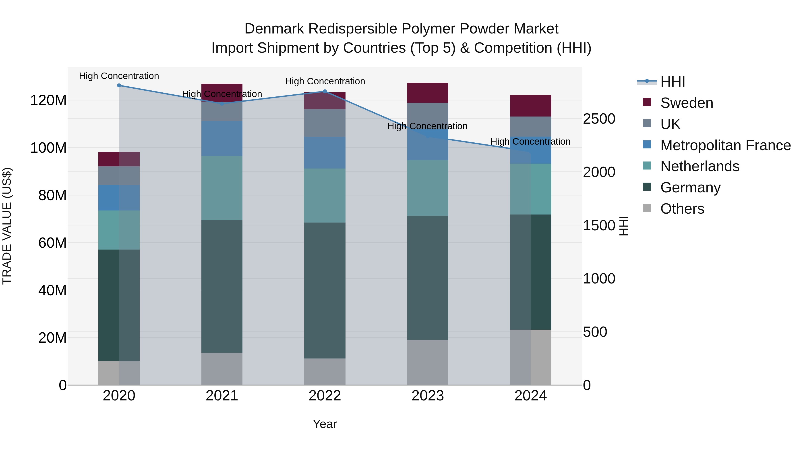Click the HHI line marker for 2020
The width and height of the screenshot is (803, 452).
click(x=119, y=85)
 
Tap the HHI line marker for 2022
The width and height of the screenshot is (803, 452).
click(x=325, y=91)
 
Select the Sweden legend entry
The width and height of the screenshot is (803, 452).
click(x=686, y=103)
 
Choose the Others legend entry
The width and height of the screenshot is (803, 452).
click(x=682, y=209)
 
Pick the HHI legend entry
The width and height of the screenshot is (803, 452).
click(x=672, y=82)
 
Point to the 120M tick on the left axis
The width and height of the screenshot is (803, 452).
click(x=48, y=100)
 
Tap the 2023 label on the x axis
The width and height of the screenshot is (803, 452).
click(x=428, y=396)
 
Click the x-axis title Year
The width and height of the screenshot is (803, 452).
click(x=325, y=424)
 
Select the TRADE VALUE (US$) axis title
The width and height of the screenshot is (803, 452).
click(x=7, y=226)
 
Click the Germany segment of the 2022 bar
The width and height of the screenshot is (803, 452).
click(x=325, y=290)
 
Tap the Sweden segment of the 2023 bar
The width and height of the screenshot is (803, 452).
click(x=428, y=93)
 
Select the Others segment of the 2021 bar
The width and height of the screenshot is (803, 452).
click(x=222, y=369)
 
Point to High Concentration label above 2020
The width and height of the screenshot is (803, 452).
click(x=119, y=76)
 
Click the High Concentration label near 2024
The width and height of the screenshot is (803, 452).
click(x=530, y=141)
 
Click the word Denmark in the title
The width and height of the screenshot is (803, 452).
click(x=274, y=29)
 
